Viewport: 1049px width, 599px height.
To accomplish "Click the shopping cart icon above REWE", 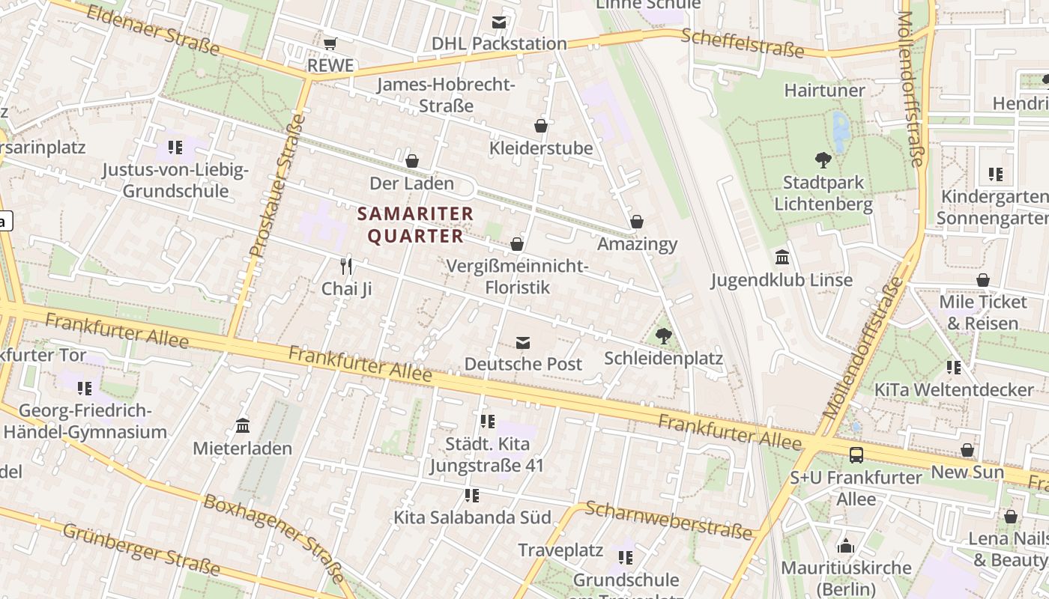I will [330, 43].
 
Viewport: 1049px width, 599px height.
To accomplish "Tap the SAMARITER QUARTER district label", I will [416, 225].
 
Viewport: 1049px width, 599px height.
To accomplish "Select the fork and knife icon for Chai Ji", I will [346, 266].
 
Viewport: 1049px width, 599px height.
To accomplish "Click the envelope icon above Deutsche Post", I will [523, 343].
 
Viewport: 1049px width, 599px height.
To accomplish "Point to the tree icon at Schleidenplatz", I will [663, 336].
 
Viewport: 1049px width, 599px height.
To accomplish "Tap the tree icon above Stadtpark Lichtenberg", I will [823, 159].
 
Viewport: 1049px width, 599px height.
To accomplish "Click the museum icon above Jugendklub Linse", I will [782, 258].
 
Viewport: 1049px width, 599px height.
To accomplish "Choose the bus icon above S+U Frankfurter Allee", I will [856, 454].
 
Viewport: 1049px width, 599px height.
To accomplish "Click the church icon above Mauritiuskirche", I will [846, 546].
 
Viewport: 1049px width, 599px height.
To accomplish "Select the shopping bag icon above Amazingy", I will [637, 222].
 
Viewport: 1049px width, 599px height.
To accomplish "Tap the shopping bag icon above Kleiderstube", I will [541, 126].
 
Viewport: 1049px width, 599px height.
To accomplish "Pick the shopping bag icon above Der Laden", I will [412, 161].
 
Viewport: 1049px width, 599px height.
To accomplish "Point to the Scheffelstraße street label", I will [743, 43].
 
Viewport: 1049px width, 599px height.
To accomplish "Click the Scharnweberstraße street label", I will [668, 520].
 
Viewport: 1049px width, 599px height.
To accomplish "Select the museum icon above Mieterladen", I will [243, 426].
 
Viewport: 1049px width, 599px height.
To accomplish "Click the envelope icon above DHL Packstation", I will [499, 22].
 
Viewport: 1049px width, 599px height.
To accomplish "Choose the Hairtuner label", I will [824, 91].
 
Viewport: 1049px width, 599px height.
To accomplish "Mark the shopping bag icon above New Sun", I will [967, 450].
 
